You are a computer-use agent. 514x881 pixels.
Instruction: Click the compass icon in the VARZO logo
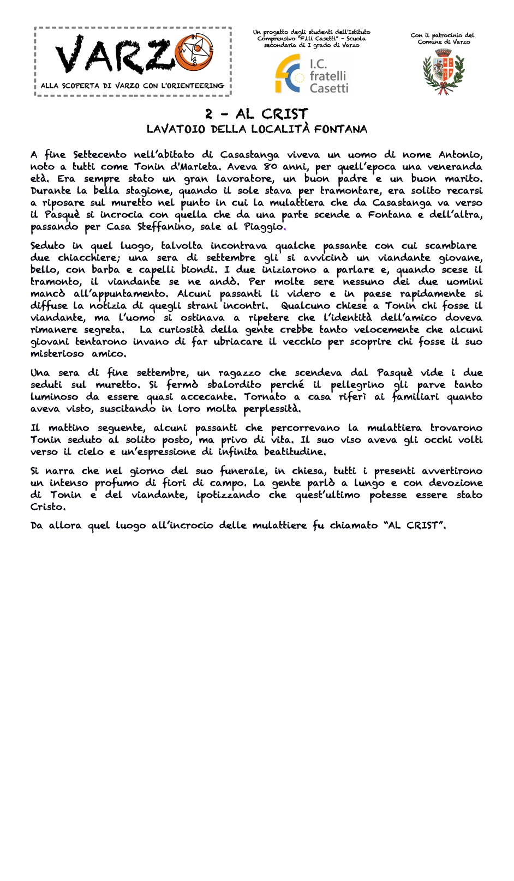pyautogui.click(x=195, y=51)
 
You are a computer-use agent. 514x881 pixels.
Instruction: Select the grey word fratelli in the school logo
pyautogui.click(x=328, y=76)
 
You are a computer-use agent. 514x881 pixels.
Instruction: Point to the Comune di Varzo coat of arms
pyautogui.click(x=443, y=71)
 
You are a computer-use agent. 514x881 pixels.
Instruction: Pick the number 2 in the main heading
pyautogui.click(x=209, y=114)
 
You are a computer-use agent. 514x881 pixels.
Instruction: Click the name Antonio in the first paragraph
pyautogui.click(x=460, y=155)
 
